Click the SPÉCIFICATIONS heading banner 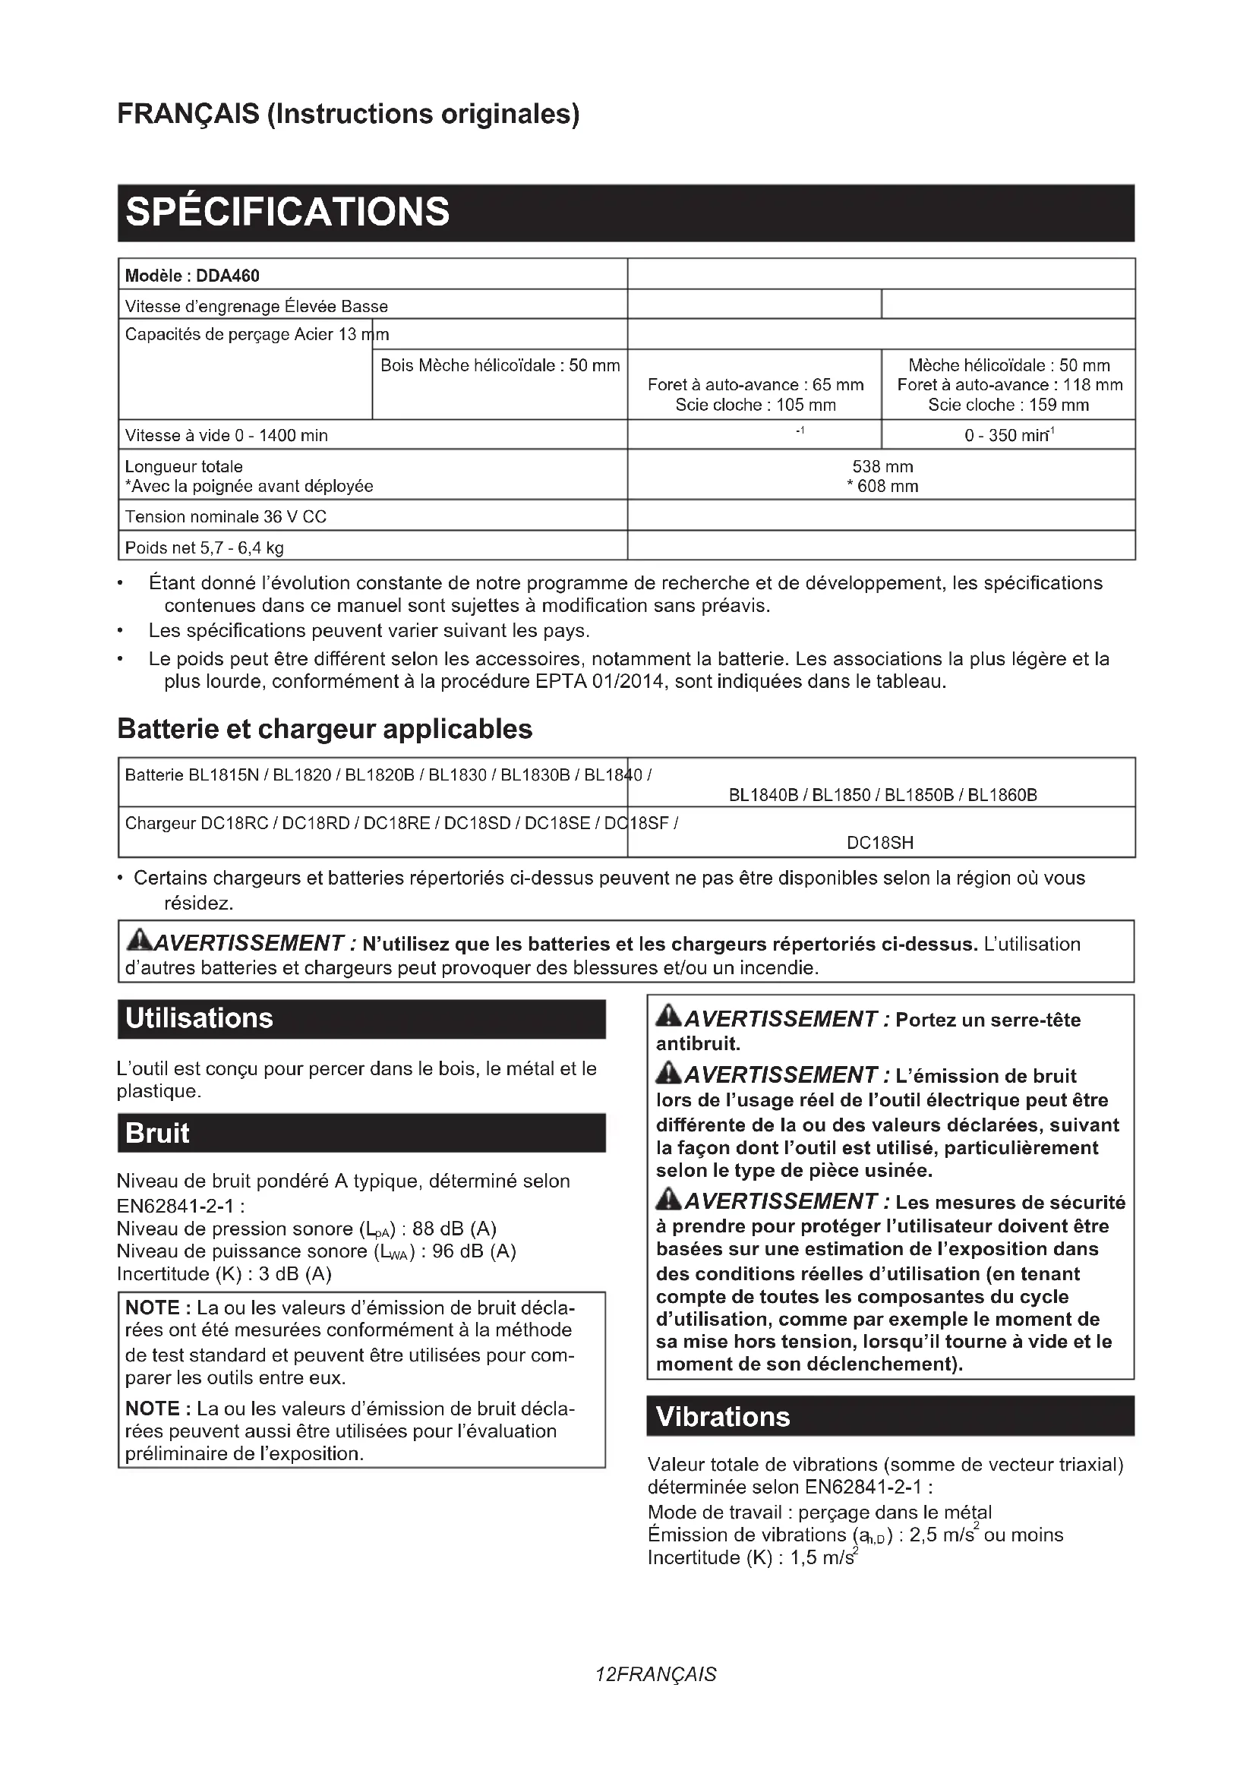[287, 212]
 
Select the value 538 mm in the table [882, 466]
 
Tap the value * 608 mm [882, 487]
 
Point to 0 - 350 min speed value [1008, 436]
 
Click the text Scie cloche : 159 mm [1008, 405]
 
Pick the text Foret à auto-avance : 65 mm [755, 384]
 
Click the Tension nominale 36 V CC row [226, 517]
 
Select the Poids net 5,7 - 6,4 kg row [204, 547]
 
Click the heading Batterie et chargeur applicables [325, 729]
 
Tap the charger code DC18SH [880, 843]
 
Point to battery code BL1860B [1002, 795]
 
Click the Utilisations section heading [200, 1018]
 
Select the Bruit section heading [157, 1133]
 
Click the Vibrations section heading [722, 1416]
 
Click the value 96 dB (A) [473, 1251]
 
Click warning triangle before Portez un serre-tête [668, 1017]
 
